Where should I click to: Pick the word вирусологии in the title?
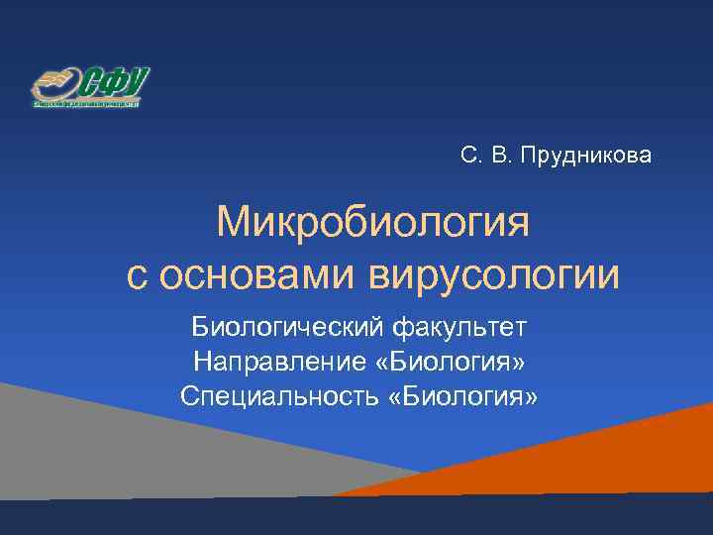495,273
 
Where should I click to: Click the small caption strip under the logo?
87,102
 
